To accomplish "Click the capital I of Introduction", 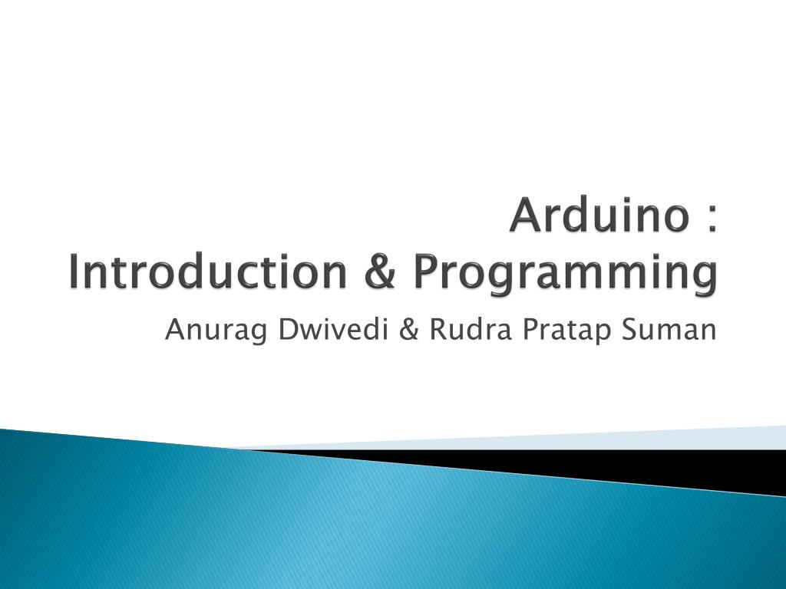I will click(74, 272).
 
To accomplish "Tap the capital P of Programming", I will click(428, 272).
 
